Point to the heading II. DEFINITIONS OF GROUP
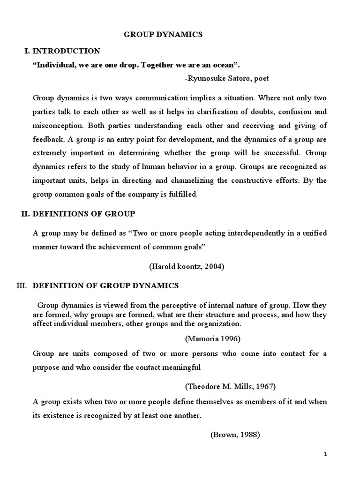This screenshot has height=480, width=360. pyautogui.click(x=78, y=213)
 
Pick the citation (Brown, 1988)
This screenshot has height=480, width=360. pyautogui.click(x=235, y=434)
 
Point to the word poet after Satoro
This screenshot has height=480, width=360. pyautogui.click(x=262, y=78)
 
